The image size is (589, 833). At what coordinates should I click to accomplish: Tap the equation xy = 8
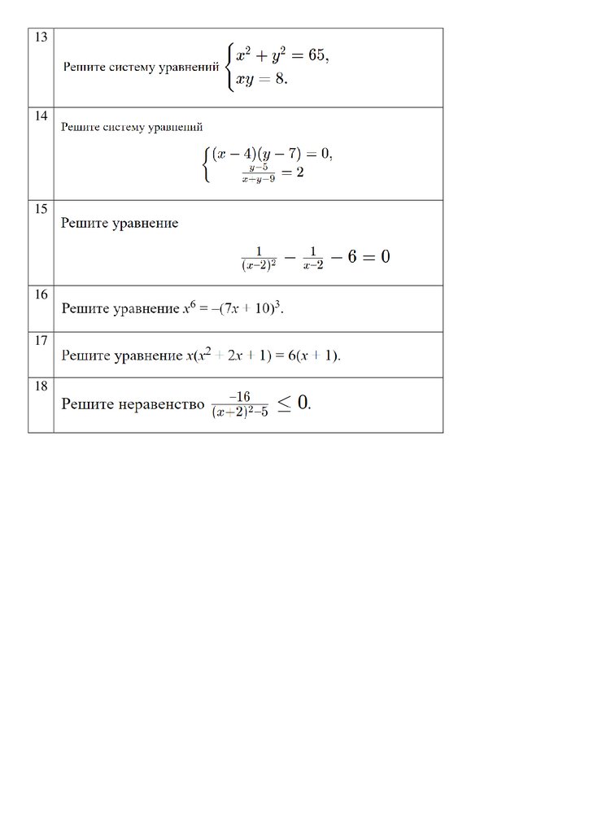(x=261, y=81)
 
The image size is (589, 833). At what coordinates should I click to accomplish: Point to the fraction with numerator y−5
(x=259, y=173)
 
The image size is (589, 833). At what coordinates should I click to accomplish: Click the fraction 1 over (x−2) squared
(x=259, y=257)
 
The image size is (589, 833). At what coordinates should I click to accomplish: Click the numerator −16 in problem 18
(x=239, y=396)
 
